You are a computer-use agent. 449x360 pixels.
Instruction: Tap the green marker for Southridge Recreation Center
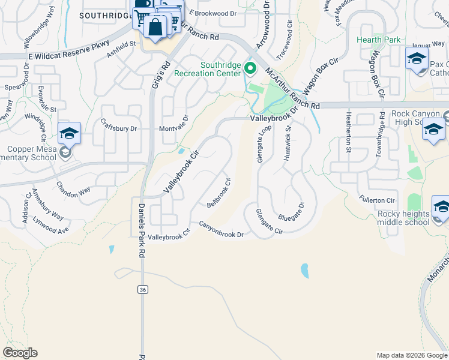(x=250, y=70)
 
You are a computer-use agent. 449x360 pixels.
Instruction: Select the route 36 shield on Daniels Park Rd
(x=142, y=290)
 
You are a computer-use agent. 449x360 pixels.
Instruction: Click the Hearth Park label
(x=378, y=40)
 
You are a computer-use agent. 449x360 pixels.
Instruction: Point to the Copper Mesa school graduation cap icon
(x=69, y=133)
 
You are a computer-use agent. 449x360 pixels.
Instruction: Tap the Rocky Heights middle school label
(x=404, y=218)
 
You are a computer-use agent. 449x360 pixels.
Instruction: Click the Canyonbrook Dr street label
(x=221, y=230)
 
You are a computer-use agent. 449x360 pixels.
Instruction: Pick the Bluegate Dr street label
(x=292, y=213)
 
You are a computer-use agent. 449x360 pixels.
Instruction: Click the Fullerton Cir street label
(x=377, y=200)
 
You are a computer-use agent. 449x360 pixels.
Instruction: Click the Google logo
(x=20, y=353)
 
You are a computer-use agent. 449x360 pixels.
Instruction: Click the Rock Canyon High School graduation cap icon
(x=433, y=129)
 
